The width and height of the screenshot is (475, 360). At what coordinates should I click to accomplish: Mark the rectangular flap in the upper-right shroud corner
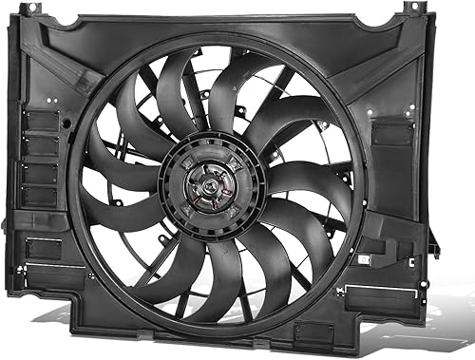tap(391, 132)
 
